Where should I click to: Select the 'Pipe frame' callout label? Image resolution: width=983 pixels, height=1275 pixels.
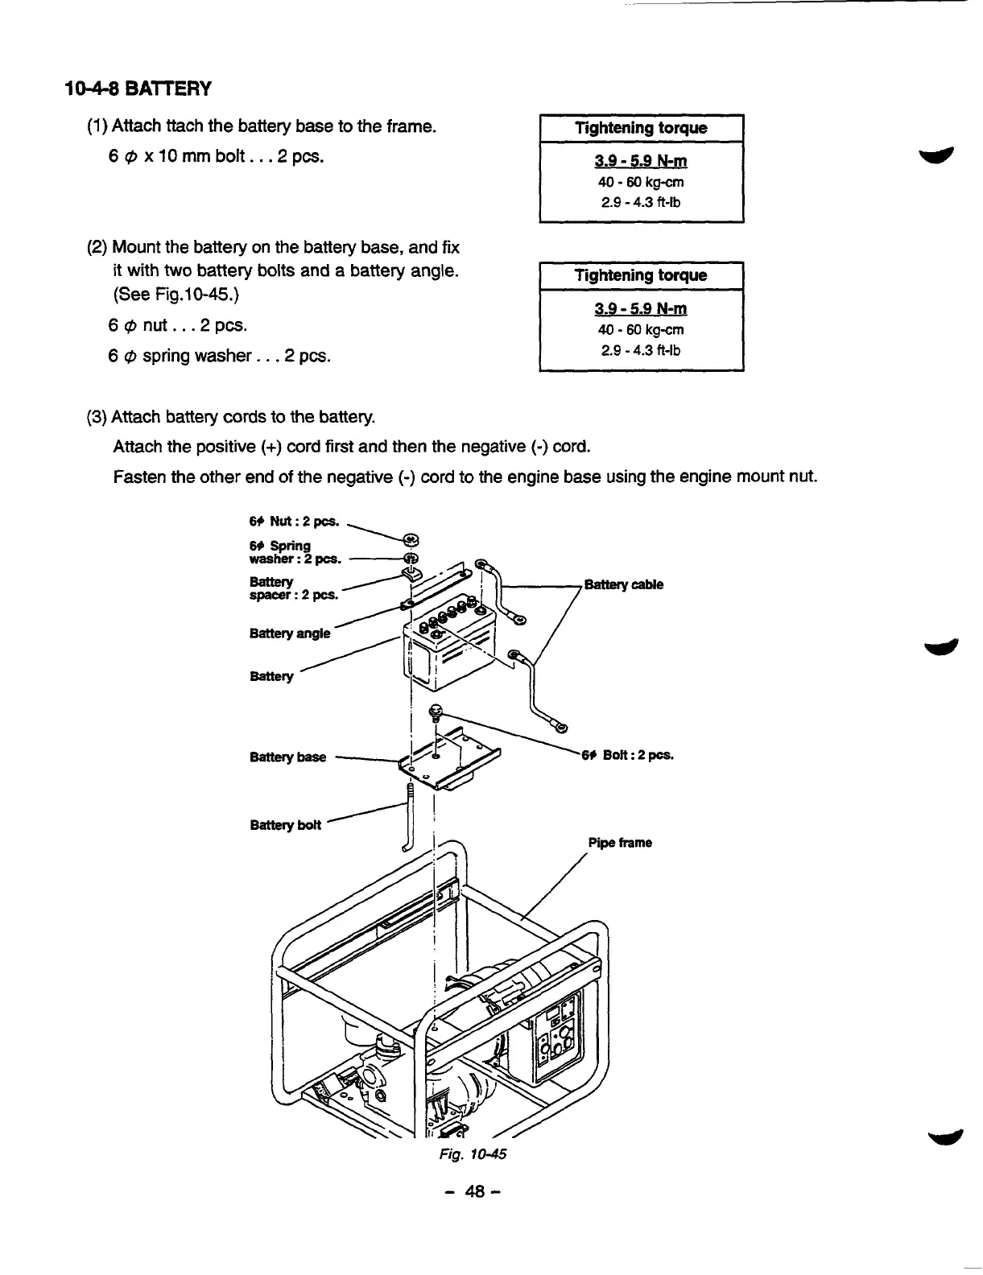(x=619, y=843)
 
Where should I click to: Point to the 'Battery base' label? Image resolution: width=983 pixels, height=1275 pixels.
(x=287, y=757)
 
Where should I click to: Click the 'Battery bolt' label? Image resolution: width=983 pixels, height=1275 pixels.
(x=285, y=824)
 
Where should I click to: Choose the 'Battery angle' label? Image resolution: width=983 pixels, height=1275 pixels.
(x=290, y=633)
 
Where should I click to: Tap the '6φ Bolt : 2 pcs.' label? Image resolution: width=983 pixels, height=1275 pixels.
(x=627, y=755)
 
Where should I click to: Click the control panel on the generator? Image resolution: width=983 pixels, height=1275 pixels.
(x=555, y=1038)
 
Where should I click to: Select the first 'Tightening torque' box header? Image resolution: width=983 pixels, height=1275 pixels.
(x=641, y=128)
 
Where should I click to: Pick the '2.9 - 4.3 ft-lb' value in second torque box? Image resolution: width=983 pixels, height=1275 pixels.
(x=641, y=350)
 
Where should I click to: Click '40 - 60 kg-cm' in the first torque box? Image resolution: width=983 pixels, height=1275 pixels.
(x=641, y=182)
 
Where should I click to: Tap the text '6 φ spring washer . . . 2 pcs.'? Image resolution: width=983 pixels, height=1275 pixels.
(x=219, y=355)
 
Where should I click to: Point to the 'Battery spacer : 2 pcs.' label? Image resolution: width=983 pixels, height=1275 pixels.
(x=293, y=588)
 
